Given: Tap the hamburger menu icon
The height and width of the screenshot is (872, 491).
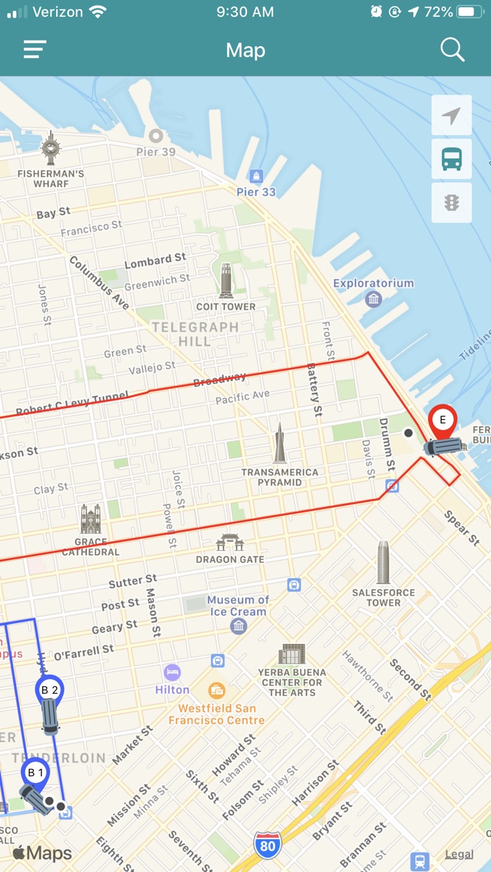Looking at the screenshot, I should coord(34,50).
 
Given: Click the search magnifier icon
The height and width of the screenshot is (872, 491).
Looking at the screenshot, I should coord(452,50).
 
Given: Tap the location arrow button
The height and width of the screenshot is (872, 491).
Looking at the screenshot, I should coord(452,115).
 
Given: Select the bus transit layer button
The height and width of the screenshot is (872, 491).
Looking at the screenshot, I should coord(452,159).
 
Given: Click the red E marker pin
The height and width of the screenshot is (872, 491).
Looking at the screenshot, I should coord(443,421).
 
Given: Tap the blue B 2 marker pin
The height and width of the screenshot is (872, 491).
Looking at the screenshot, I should coord(50,690).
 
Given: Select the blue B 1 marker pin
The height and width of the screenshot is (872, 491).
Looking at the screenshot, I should coord(35,773).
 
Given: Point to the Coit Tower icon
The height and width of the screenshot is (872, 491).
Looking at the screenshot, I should coord(226,280).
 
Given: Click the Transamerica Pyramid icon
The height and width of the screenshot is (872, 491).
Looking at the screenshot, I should coord(280,444).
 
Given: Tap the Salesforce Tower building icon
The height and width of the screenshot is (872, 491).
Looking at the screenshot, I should coord(383,563).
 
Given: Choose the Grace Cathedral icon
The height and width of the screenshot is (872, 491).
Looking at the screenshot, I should coord(90,519).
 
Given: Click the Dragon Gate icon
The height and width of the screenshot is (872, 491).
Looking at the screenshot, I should coord(229,542).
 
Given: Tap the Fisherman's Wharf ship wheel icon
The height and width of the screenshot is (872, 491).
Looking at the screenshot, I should coord(51,148).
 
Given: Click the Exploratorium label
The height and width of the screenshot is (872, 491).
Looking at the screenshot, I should coord(373,283).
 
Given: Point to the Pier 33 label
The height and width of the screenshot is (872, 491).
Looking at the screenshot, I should coord(256,191).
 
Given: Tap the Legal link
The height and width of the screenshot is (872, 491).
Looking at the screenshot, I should coord(459,854).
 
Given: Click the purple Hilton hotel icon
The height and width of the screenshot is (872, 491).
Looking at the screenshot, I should coord(173,673).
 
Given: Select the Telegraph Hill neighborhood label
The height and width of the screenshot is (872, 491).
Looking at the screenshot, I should coord(195,334).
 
